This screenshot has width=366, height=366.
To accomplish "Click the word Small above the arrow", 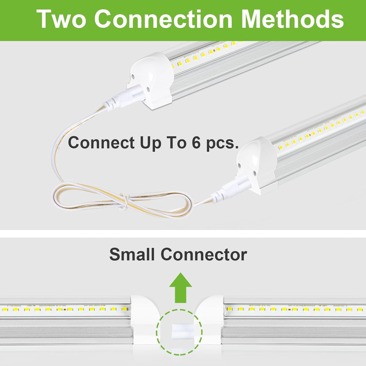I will pyautogui.click(x=132, y=254).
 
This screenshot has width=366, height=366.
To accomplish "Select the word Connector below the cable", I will pyautogui.click(x=204, y=254).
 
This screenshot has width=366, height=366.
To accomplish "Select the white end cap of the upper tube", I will pyautogui.click(x=152, y=76).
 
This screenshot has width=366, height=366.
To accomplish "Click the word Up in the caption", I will pyautogui.click(x=150, y=143).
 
